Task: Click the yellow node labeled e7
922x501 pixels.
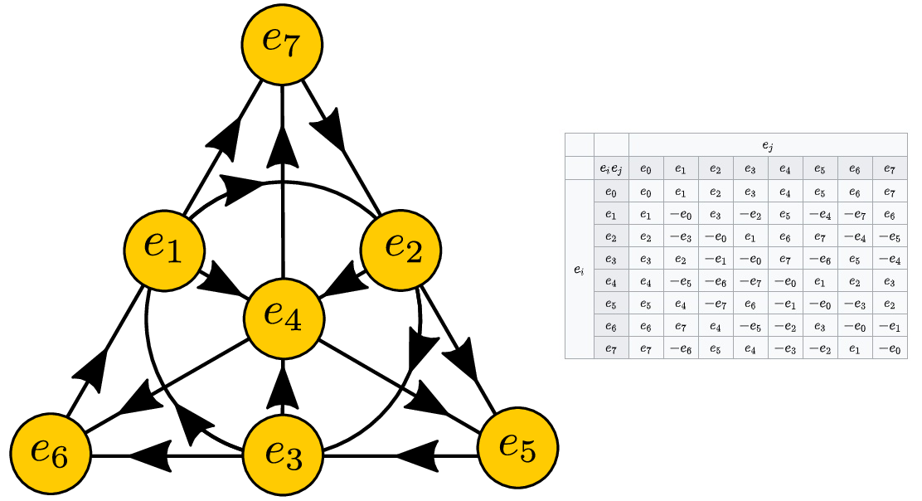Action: [283, 44]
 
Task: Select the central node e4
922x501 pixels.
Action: [283, 319]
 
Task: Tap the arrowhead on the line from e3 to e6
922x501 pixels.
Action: [151, 455]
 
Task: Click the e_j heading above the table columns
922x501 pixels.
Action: [767, 145]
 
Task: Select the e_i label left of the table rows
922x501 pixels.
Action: [579, 270]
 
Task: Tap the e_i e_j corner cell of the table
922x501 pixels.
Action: [611, 168]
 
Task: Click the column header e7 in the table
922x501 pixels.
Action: [889, 168]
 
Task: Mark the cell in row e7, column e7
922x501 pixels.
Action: [889, 348]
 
